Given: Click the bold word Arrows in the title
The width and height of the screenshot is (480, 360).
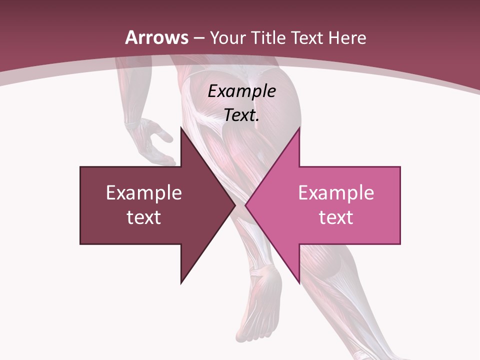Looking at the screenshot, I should point(157,37).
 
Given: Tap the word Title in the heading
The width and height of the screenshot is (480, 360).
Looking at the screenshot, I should point(268,38).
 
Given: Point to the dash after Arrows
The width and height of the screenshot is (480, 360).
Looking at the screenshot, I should point(198,38).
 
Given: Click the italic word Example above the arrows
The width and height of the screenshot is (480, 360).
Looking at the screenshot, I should point(241,91).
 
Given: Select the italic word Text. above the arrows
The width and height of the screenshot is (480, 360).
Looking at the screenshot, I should point(241,115).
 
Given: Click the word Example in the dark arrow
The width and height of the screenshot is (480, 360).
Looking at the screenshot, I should point(143,193).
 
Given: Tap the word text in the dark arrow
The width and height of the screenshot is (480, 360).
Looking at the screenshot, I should point(143,217).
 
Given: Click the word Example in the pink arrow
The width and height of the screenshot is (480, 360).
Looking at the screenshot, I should point(336,193).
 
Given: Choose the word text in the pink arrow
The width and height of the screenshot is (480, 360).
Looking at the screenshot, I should point(336,217).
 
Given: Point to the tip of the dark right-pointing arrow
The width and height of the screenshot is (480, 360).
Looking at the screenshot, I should point(235,205).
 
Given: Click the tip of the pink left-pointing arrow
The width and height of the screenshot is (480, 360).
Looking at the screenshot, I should point(245,205).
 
